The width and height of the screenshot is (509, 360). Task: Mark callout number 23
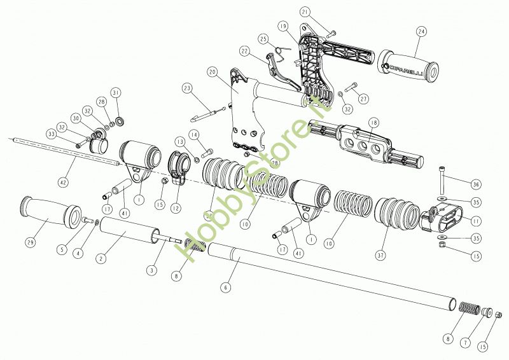point(186,87)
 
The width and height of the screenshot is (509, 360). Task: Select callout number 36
point(475,184)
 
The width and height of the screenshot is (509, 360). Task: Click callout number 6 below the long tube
point(225,287)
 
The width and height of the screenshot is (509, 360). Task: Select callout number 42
point(62,183)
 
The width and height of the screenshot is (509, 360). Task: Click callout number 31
point(115,92)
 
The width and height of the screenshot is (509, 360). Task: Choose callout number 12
point(175,208)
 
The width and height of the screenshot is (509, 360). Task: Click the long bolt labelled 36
point(440,181)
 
